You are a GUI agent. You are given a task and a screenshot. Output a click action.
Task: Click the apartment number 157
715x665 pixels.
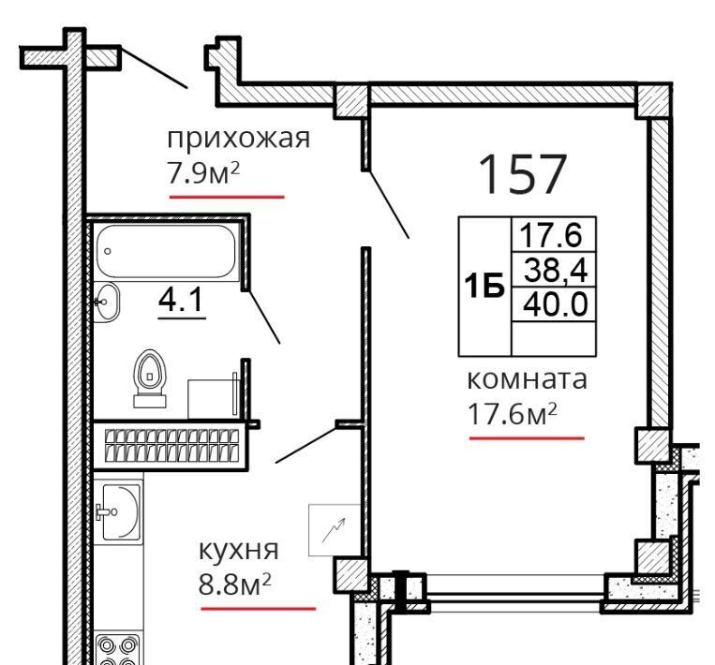click(523, 174)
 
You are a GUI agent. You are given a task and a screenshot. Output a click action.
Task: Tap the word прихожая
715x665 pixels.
click(238, 138)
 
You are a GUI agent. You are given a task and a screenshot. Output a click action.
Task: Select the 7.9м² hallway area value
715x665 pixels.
click(203, 172)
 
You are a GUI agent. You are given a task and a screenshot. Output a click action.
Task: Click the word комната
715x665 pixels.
click(528, 379)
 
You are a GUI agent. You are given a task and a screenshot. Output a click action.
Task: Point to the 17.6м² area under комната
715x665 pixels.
click(513, 413)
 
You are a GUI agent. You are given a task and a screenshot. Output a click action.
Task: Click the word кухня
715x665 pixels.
click(238, 551)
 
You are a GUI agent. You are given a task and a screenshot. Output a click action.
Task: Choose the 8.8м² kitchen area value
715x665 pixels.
click(235, 584)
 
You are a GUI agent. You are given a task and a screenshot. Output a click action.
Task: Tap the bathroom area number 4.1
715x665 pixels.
click(181, 300)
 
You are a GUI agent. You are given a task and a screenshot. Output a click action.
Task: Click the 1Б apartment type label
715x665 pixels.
click(484, 286)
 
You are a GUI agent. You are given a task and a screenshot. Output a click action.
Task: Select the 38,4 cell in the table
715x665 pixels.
click(556, 270)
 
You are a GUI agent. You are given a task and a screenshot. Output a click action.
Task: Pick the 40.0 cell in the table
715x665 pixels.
click(556, 304)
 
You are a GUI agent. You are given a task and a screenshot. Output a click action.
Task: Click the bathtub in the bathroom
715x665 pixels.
click(167, 251)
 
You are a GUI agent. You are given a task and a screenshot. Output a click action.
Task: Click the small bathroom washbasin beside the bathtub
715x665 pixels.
click(106, 302)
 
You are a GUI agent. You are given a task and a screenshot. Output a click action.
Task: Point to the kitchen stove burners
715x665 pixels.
click(118, 649)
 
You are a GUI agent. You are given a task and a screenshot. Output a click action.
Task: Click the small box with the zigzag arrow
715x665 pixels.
click(335, 530)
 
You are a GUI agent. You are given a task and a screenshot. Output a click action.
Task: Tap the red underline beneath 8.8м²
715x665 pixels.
click(258, 609)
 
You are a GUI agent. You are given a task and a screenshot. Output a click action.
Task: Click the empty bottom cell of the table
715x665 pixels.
click(554, 339)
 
